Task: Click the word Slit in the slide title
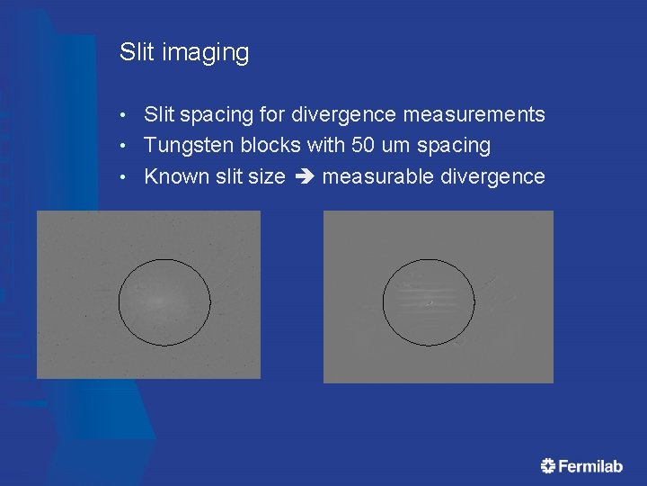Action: click(137, 52)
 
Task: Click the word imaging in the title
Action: click(206, 54)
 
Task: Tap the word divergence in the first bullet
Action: click(345, 115)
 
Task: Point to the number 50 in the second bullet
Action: click(369, 146)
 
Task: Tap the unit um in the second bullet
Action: click(403, 146)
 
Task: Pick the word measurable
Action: click(377, 176)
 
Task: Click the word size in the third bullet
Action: click(266, 176)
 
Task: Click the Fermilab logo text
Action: click(590, 466)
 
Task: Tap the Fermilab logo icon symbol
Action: click(548, 465)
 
